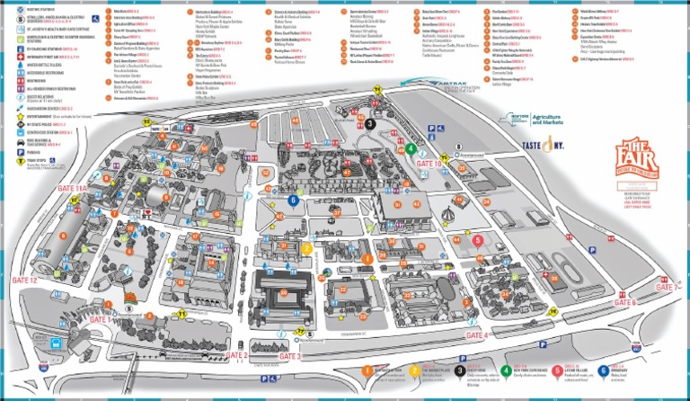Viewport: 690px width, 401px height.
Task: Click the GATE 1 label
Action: [x=100, y=318]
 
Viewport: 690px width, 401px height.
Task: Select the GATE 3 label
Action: [x=292, y=356]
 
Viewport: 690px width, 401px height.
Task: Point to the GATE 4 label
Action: [x=474, y=335]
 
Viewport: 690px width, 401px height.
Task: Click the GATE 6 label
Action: [x=624, y=303]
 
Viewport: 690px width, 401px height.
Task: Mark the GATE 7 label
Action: [x=665, y=287]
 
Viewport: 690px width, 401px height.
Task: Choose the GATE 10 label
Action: [x=426, y=164]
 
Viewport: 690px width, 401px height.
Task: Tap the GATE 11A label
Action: [x=72, y=188]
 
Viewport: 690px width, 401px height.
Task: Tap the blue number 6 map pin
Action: [x=294, y=200]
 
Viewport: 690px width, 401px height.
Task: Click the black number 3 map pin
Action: [x=370, y=124]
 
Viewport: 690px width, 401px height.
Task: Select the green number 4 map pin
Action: [x=411, y=149]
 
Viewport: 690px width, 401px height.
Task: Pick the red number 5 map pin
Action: [x=477, y=239]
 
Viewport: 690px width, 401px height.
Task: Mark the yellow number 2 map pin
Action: [x=306, y=249]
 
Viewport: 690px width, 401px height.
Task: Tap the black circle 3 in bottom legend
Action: [x=459, y=370]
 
